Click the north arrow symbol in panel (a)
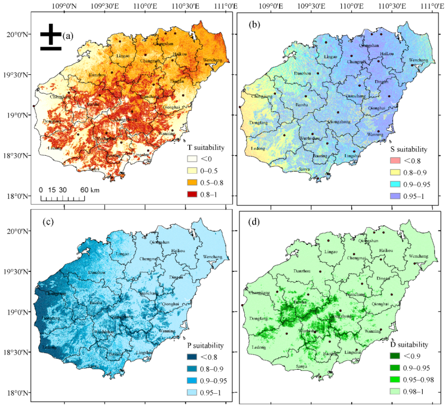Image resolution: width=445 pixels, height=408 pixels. click(x=50, y=36)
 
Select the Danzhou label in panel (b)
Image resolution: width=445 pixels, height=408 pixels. click(x=302, y=74)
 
